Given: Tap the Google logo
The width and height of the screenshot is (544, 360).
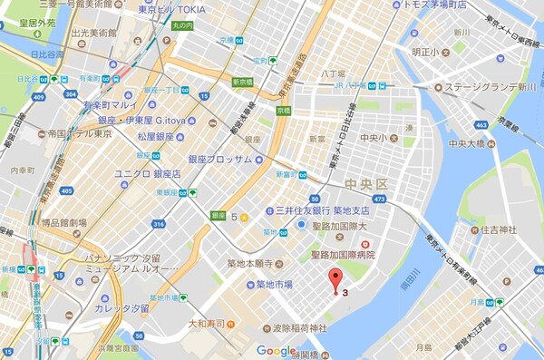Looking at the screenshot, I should pyautogui.click(x=277, y=350).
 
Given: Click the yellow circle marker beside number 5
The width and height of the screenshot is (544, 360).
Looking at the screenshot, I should pyautogui.click(x=245, y=218).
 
